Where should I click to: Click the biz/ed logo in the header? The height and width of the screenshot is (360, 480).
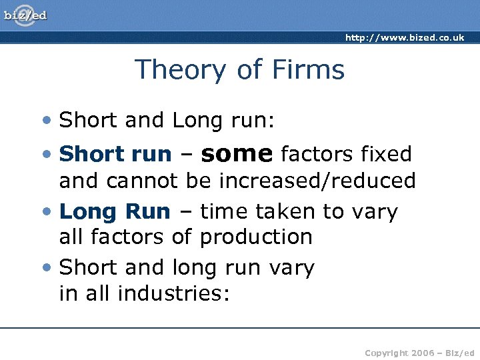point(26,15)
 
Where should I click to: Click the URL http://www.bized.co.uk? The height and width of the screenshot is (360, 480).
point(404,38)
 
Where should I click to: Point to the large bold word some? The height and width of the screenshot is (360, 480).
point(237,153)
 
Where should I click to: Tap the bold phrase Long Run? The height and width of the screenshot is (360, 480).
point(115,212)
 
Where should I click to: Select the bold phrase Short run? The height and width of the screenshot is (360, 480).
point(115,154)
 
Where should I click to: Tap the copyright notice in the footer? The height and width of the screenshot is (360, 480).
point(419,351)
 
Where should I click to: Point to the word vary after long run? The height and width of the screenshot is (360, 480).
point(291,268)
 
